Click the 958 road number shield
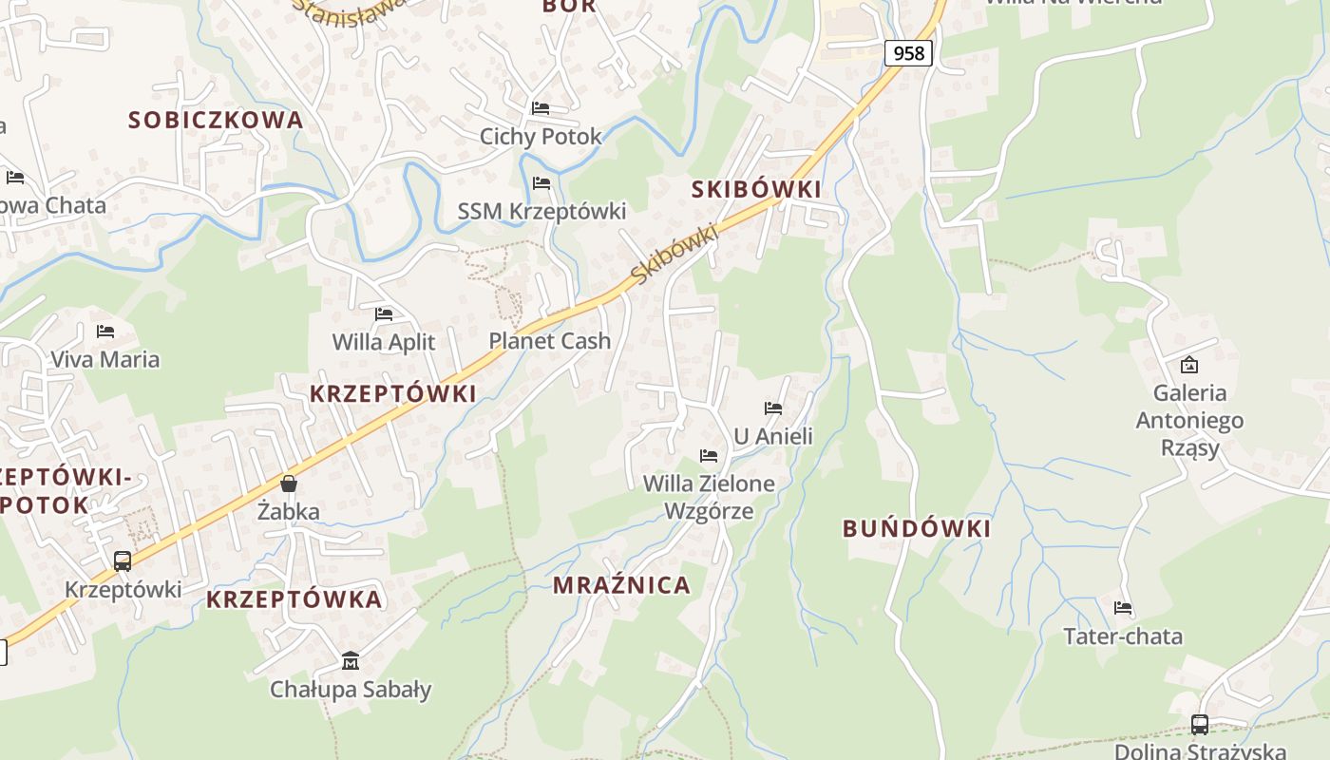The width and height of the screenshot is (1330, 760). [908, 53]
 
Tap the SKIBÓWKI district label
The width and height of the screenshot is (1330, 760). [756, 189]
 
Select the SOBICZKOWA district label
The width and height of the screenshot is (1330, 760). [216, 120]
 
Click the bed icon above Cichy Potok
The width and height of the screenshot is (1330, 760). [541, 108]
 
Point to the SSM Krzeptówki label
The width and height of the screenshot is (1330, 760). [541, 211]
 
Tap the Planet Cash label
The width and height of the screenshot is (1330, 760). [549, 340]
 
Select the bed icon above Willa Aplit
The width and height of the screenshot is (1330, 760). [384, 313]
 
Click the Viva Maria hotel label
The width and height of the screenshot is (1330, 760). [104, 359]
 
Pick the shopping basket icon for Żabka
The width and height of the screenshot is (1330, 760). [289, 484]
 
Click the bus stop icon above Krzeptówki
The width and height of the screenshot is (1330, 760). [123, 560]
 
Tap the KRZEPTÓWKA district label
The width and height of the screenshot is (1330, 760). [294, 599]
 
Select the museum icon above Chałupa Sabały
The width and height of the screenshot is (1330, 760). [351, 660]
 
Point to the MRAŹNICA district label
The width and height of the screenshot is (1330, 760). [622, 585]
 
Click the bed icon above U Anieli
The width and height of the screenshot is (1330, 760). [773, 408]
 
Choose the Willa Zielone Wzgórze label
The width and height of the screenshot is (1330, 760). [709, 497]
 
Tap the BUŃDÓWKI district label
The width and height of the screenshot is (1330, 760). [917, 529]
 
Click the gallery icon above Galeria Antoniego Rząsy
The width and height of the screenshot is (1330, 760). [1188, 365]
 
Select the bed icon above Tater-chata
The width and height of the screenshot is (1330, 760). [1123, 608]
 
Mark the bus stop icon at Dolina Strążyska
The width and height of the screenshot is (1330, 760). [1200, 725]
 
